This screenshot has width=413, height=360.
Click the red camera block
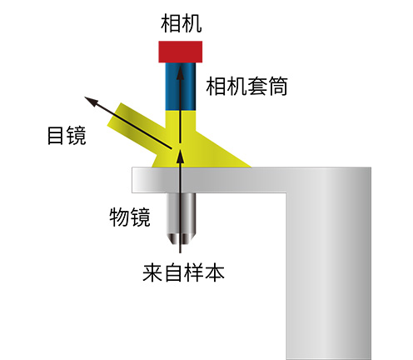click(x=180, y=52)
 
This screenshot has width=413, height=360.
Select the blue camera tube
click(x=181, y=87)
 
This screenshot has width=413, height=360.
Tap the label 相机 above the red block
click(x=181, y=23)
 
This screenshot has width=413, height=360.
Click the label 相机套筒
click(x=246, y=87)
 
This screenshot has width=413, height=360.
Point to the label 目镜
click(x=67, y=136)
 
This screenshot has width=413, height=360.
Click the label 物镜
click(x=130, y=217)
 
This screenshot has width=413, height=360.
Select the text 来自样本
click(x=183, y=273)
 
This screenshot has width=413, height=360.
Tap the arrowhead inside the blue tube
click(x=181, y=72)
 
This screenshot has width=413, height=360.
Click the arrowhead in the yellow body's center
click(x=181, y=157)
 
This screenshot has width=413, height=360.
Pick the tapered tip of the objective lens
click(x=181, y=238)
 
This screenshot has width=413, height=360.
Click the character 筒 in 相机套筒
click(x=277, y=87)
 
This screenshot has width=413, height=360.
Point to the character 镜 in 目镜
click(x=77, y=136)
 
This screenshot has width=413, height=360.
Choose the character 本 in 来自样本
click(x=214, y=273)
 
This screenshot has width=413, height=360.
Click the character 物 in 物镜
click(x=119, y=217)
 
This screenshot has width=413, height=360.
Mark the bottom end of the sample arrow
click(x=180, y=252)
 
